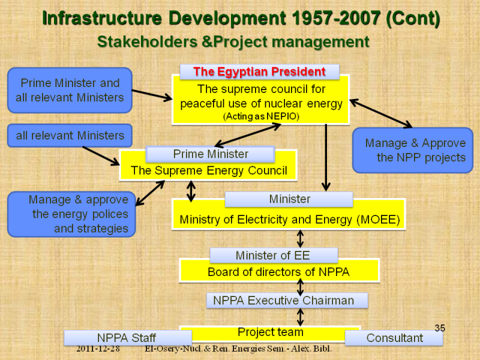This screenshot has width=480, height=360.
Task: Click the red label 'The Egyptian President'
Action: click(259, 71)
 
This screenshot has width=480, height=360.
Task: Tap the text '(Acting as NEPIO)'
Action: click(261, 116)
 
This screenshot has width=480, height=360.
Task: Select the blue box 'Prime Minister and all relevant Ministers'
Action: click(70, 91)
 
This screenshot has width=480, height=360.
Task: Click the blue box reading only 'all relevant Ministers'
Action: click(70, 136)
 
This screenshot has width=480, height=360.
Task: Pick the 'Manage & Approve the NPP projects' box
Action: click(413, 151)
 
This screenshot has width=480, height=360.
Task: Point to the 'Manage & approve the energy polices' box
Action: click(71, 214)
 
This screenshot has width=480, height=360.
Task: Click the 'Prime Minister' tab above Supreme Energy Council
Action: click(211, 154)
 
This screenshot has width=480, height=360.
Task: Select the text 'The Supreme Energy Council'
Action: click(209, 170)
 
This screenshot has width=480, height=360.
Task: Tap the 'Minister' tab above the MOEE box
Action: click(289, 199)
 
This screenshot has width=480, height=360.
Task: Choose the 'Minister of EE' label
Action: click(274, 256)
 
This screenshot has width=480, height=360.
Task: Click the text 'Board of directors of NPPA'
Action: click(278, 272)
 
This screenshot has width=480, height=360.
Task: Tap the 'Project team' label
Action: click(271, 332)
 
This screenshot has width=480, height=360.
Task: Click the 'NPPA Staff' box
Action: click(128, 338)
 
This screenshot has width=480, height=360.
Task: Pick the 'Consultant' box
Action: click(394, 338)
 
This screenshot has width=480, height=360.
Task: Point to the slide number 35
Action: click(440, 328)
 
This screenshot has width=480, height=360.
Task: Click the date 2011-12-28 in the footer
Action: click(98, 349)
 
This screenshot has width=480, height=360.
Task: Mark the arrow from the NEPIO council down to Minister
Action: click(326, 158)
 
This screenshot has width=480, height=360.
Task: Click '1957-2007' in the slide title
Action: click(336, 18)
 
